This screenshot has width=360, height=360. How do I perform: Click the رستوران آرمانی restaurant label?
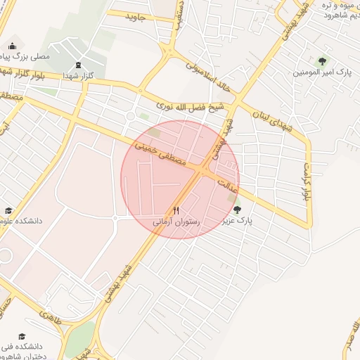coord(177,222)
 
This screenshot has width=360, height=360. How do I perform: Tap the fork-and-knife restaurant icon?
coord(176,210)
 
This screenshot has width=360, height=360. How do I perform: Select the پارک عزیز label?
coord(238,221)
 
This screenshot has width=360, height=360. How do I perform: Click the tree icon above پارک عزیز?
coord(237,209)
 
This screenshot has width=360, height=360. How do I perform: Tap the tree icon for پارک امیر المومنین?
coord(323,60)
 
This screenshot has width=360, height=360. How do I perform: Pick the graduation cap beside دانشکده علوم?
coord(8,211)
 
